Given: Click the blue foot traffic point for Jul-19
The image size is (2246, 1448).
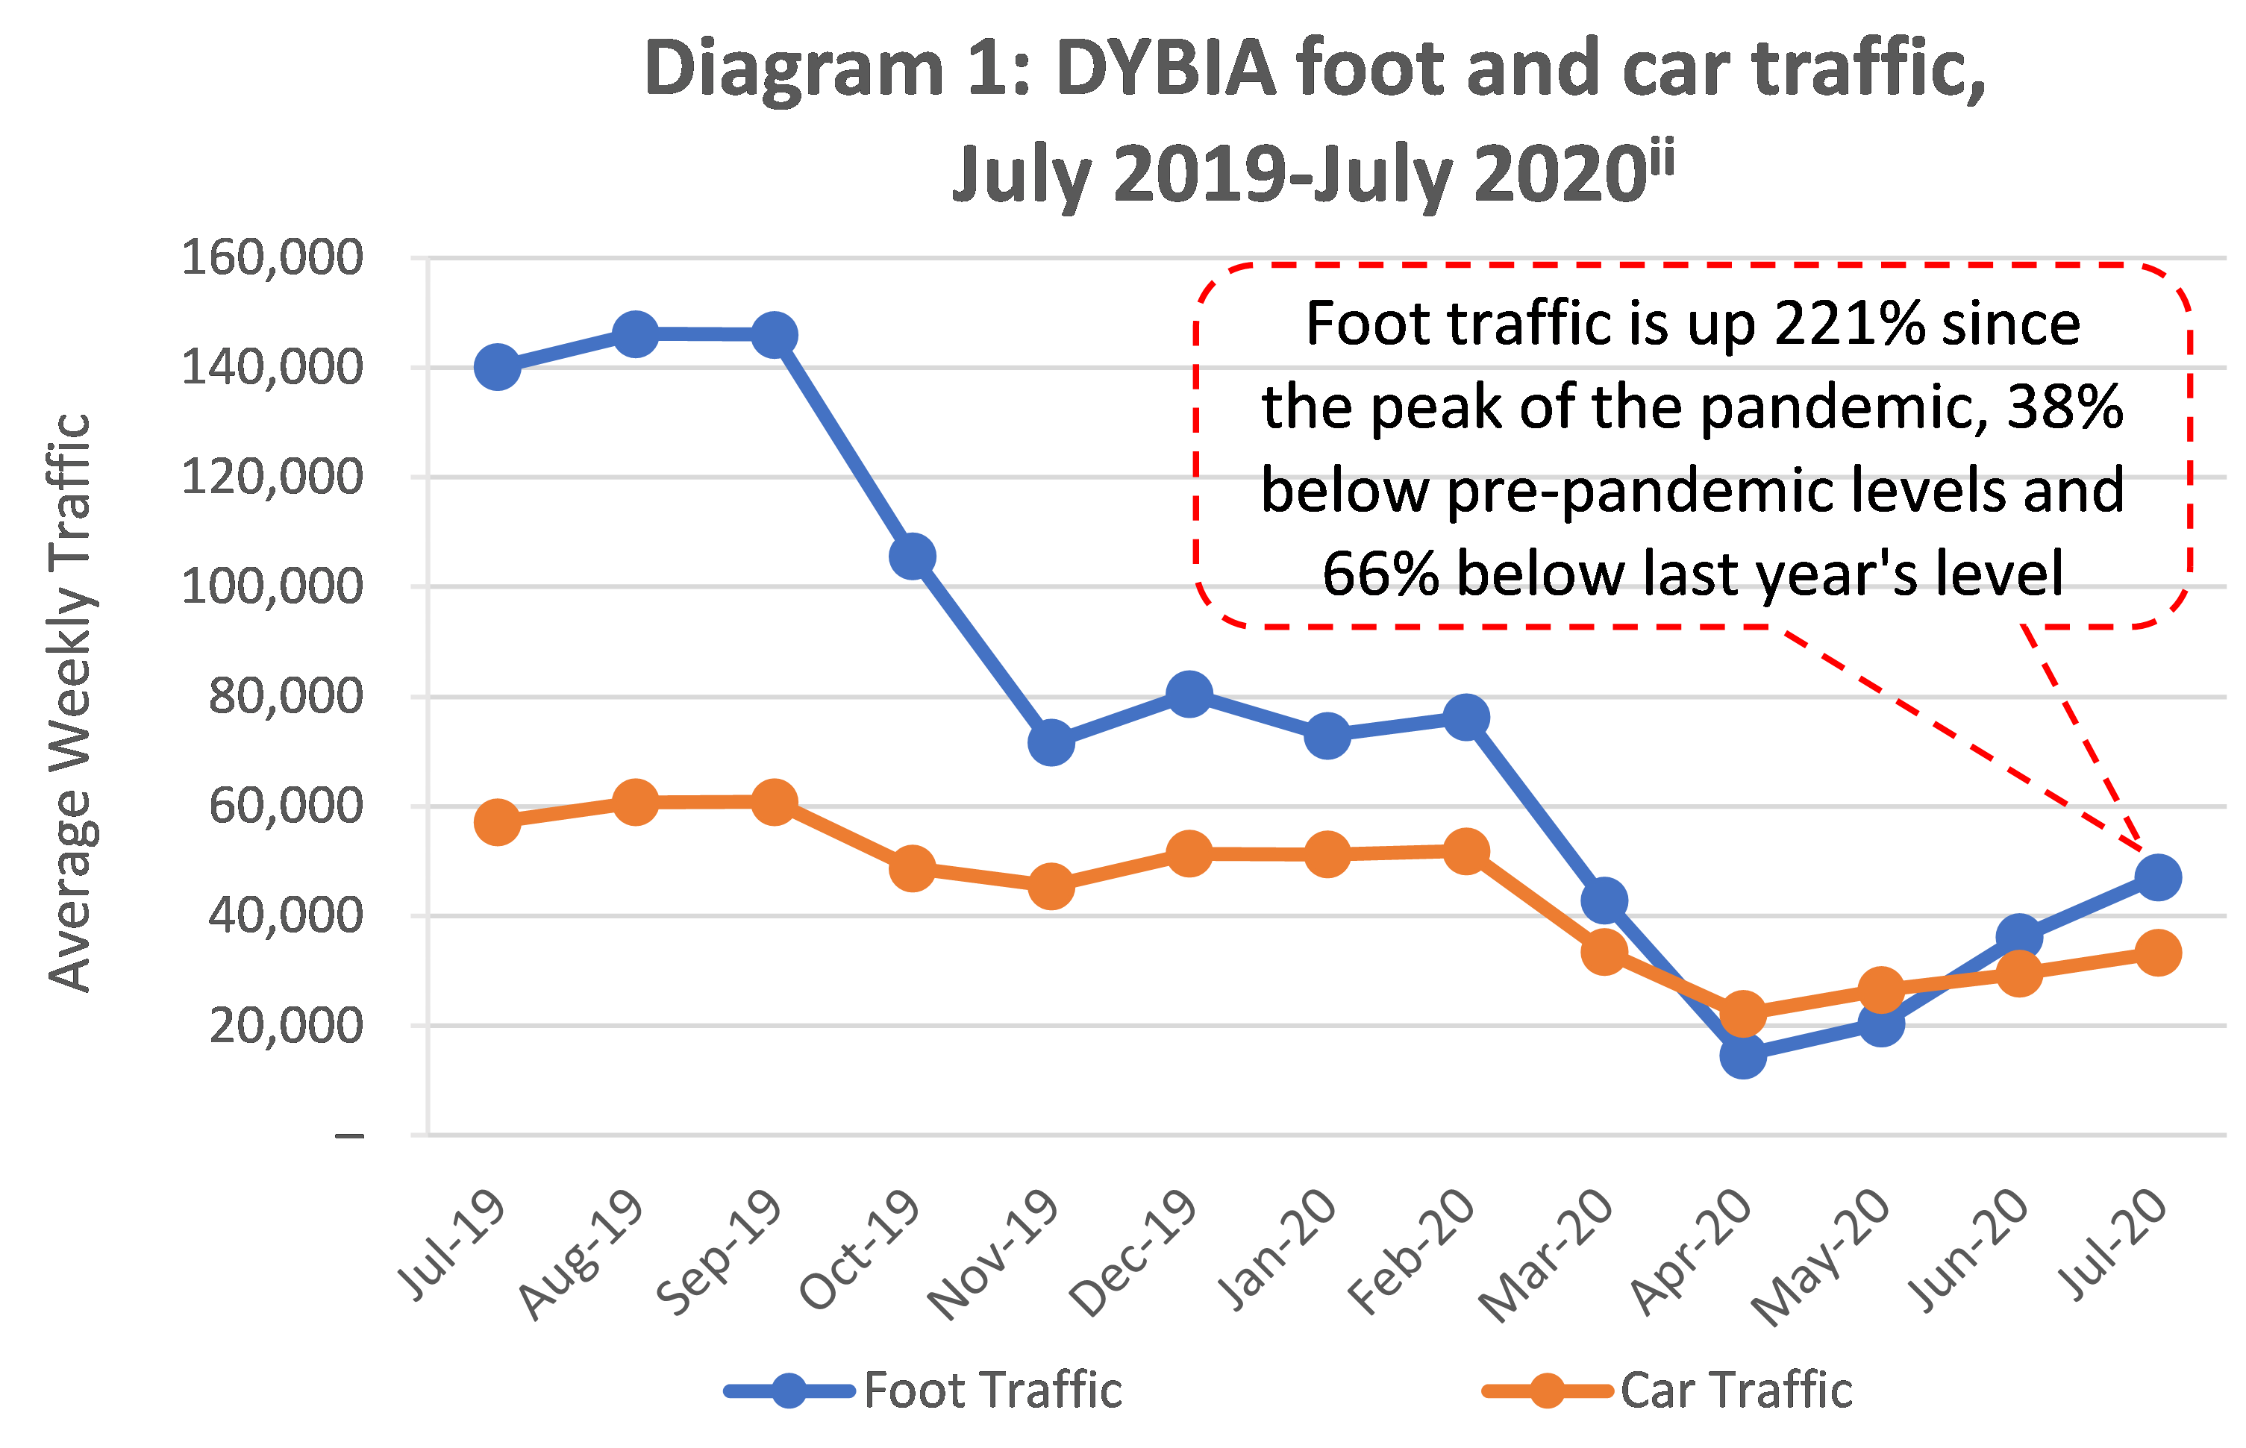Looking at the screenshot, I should pyautogui.click(x=498, y=367).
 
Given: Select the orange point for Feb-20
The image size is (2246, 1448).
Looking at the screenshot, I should pyautogui.click(x=1465, y=852).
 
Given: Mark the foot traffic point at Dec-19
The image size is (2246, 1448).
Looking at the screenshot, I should pyautogui.click(x=1189, y=694).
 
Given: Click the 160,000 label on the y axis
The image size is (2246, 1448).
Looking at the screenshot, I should pyautogui.click(x=272, y=257).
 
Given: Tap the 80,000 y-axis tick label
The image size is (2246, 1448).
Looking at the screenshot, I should pyautogui.click(x=286, y=697).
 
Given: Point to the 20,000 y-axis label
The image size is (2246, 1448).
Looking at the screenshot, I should pyautogui.click(x=286, y=1026).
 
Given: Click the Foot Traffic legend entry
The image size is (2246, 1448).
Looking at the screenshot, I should pyautogui.click(x=992, y=1390).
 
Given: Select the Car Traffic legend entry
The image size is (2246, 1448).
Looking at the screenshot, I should pyautogui.click(x=1736, y=1390).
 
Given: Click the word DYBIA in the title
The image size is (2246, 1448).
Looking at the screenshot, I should pyautogui.click(x=1166, y=69).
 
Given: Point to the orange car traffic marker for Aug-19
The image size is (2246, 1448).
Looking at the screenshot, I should pyautogui.click(x=636, y=802).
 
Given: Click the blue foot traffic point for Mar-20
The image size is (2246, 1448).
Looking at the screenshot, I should pyautogui.click(x=1604, y=900).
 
